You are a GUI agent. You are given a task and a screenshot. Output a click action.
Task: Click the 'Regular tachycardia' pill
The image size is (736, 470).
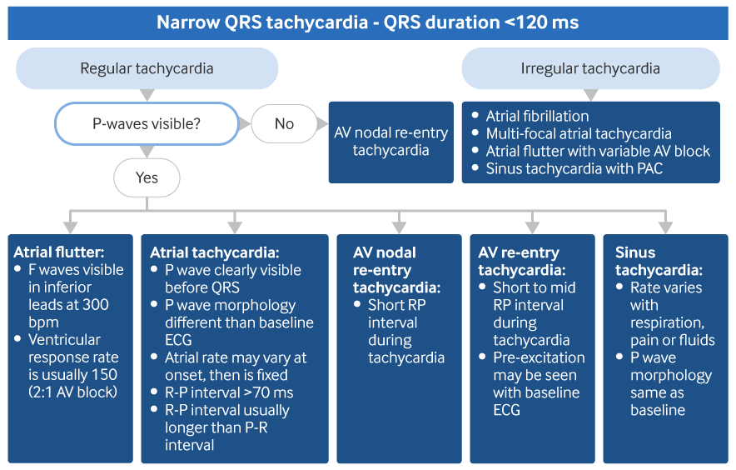147,68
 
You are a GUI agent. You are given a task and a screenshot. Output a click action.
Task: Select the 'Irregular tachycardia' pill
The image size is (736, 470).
590,68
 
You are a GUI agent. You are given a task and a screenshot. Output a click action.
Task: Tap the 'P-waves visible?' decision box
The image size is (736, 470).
147,123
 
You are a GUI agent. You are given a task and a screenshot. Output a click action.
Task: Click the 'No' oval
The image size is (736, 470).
284,123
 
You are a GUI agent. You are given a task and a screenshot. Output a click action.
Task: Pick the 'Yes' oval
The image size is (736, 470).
147,177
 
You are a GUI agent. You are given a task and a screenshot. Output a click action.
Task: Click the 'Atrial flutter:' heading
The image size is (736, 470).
59,252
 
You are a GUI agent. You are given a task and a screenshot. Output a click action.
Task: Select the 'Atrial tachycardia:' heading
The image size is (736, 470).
215,252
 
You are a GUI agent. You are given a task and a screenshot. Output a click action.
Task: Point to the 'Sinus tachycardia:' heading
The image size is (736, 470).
659,262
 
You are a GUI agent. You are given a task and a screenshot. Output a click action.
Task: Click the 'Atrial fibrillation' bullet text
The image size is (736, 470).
537,116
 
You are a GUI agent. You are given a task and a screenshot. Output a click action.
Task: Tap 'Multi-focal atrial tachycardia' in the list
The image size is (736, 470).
579,133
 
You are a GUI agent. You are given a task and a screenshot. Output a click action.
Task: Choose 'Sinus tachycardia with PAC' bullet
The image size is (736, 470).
574,168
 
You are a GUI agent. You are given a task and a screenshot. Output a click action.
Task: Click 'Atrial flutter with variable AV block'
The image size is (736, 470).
598,151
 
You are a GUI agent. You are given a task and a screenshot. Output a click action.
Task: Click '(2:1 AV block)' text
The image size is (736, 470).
72,392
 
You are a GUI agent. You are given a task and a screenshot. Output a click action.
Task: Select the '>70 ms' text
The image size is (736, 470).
268,392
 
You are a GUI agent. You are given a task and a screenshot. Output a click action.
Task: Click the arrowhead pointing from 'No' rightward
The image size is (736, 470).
322,124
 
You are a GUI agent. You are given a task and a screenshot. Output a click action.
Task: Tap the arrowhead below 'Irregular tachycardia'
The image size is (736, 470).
590,95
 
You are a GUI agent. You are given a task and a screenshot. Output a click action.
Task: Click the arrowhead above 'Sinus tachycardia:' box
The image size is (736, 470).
665,227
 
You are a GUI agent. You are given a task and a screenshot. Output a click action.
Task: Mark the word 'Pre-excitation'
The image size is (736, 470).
539,357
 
